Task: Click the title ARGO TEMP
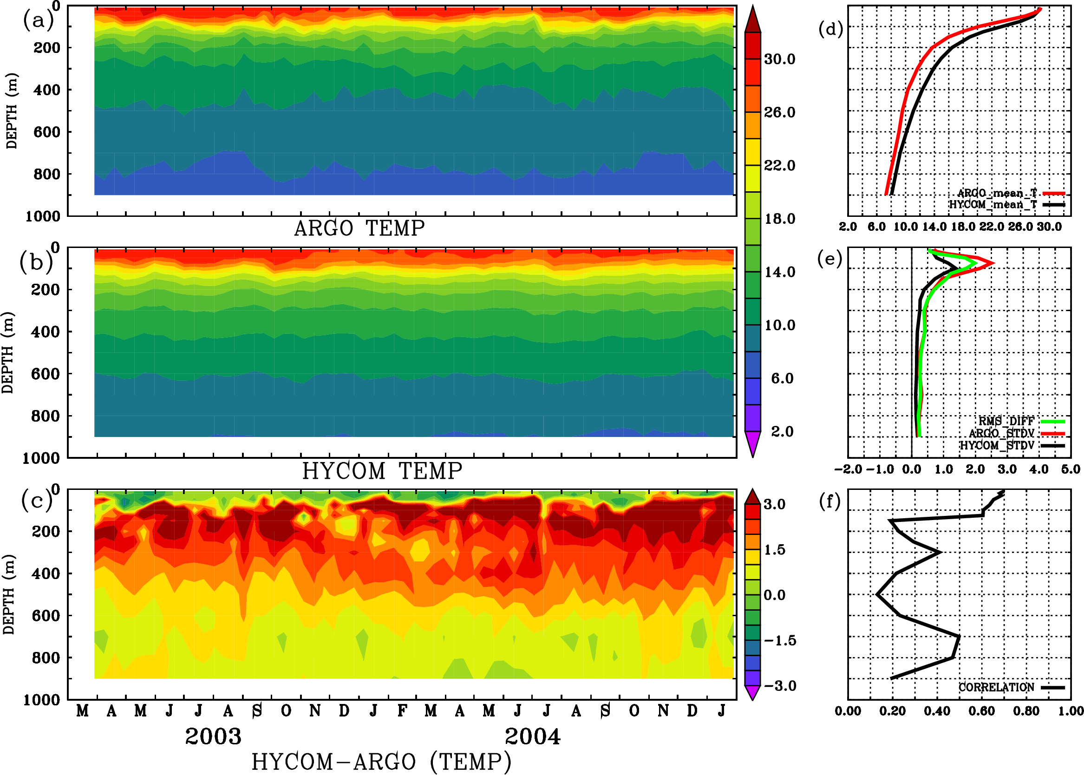[x=359, y=228]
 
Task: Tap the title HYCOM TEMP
[x=382, y=471]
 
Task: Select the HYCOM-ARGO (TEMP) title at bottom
[x=381, y=761]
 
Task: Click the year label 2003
[x=213, y=736]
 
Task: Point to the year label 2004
[x=533, y=736]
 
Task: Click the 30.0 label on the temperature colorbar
[x=779, y=59]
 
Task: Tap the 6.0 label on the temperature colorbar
[x=782, y=378]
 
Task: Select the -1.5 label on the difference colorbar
[x=780, y=640]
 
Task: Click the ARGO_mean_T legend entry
[x=997, y=193]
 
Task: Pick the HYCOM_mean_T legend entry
[x=993, y=205]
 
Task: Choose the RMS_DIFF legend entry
[x=1006, y=421]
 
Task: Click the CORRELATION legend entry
[x=997, y=688]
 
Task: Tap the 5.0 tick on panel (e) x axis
[x=1071, y=469]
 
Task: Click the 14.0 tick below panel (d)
[x=934, y=227]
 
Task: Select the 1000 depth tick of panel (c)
[x=42, y=700]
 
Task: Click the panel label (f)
[x=829, y=501]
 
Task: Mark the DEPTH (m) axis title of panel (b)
[x=8, y=352]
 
